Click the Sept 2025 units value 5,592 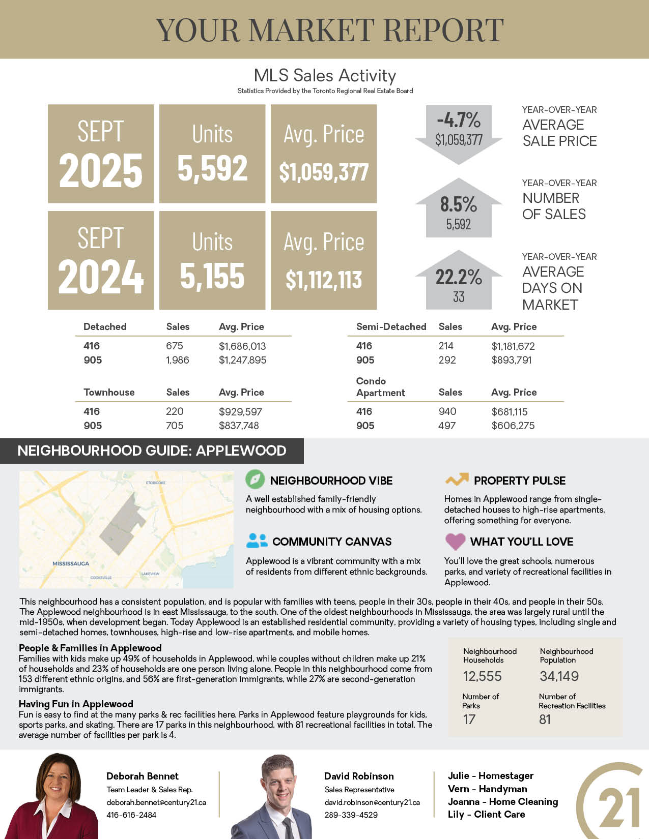[x=212, y=169]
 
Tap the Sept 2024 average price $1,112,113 [x=324, y=280]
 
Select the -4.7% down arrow [x=459, y=134]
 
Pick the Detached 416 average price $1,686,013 [x=242, y=346]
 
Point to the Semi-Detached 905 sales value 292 [x=447, y=360]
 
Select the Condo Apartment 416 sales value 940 [x=447, y=411]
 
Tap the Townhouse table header [x=109, y=392]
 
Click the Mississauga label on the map [x=71, y=563]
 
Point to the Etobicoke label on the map [x=156, y=482]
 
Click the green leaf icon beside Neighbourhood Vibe [x=255, y=479]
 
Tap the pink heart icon [x=455, y=541]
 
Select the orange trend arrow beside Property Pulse [x=457, y=479]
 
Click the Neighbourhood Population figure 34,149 [x=559, y=676]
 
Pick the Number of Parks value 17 [x=469, y=720]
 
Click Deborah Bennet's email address [x=156, y=802]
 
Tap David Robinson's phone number [x=351, y=815]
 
